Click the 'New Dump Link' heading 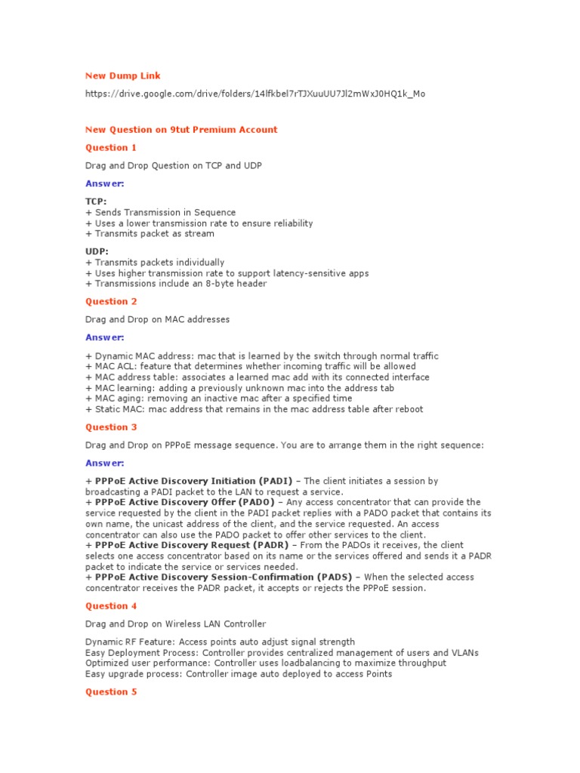tap(122, 75)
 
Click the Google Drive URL tap(255, 94)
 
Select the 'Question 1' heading tap(111, 147)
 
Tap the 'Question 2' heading tap(111, 301)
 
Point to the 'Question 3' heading tap(111, 427)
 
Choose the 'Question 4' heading tap(111, 605)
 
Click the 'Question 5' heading tap(111, 691)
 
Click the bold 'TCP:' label tap(96, 202)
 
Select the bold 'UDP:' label tap(97, 251)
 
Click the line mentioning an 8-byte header tap(176, 284)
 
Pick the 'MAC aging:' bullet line tap(218, 398)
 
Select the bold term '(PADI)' tap(275, 481)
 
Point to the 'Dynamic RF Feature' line tap(220, 642)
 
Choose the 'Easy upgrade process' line tap(238, 673)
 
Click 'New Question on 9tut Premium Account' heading tap(181, 129)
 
